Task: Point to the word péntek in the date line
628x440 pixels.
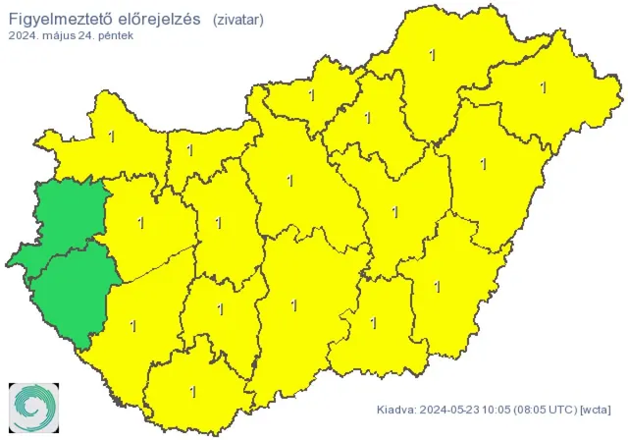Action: click(x=113, y=35)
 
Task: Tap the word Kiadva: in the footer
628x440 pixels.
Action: click(x=398, y=410)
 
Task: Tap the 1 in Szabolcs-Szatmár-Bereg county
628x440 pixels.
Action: click(x=543, y=87)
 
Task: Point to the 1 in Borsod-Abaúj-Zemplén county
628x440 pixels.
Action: click(x=433, y=55)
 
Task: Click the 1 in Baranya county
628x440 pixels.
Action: click(x=192, y=392)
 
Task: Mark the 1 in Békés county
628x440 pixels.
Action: click(x=438, y=287)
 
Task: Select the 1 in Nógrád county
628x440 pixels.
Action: click(x=312, y=96)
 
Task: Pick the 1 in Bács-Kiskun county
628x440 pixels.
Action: click(x=294, y=305)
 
